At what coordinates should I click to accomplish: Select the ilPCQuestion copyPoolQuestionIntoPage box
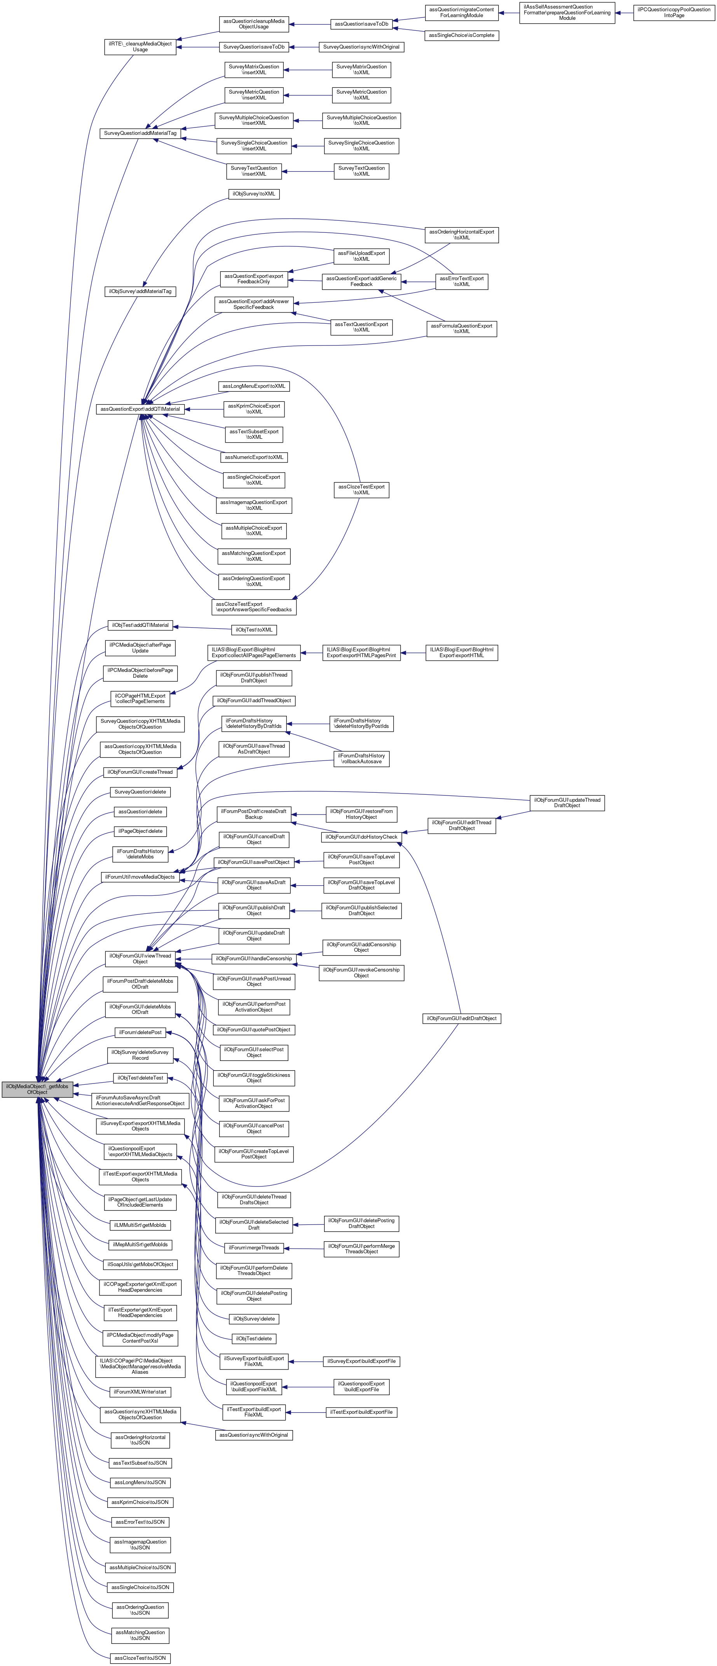tap(674, 12)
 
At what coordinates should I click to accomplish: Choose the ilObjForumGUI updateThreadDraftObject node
tap(566, 802)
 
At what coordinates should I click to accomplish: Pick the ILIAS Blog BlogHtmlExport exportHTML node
tap(462, 652)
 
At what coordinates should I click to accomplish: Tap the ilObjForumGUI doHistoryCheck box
tap(361, 837)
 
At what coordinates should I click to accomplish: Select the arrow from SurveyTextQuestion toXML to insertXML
tap(308, 171)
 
